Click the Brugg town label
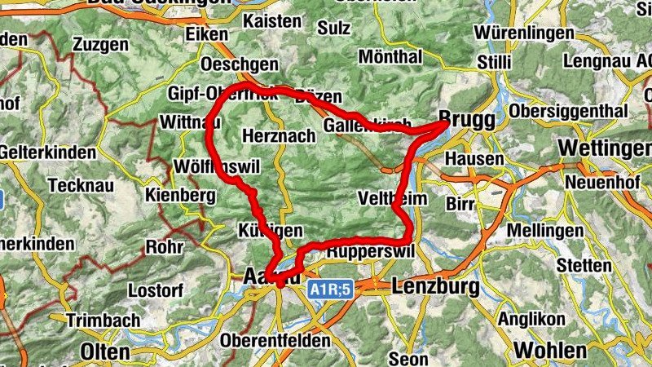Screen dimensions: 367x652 (467, 119)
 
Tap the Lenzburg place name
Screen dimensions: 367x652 (434, 286)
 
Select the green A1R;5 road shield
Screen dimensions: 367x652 (329, 289)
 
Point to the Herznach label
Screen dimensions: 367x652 (279, 136)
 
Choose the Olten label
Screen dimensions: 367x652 (105, 352)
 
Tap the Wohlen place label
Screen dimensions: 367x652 (549, 351)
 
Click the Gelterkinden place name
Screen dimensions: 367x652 (44, 153)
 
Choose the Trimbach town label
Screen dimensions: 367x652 (103, 321)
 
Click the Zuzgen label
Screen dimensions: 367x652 (100, 45)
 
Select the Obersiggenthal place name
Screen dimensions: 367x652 (566, 110)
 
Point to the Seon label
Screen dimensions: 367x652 (408, 358)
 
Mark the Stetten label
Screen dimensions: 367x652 (584, 266)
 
